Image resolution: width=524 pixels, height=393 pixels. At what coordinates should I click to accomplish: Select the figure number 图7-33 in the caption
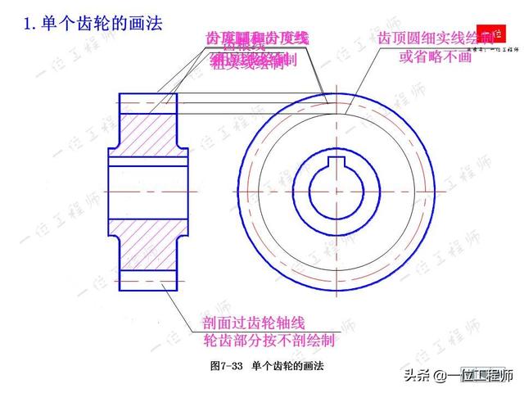228,365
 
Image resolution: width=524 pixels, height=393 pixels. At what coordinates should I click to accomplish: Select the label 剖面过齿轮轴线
259,324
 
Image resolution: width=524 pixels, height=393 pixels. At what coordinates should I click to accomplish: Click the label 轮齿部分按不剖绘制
269,339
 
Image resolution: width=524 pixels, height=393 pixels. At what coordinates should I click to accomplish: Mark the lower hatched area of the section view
147,245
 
